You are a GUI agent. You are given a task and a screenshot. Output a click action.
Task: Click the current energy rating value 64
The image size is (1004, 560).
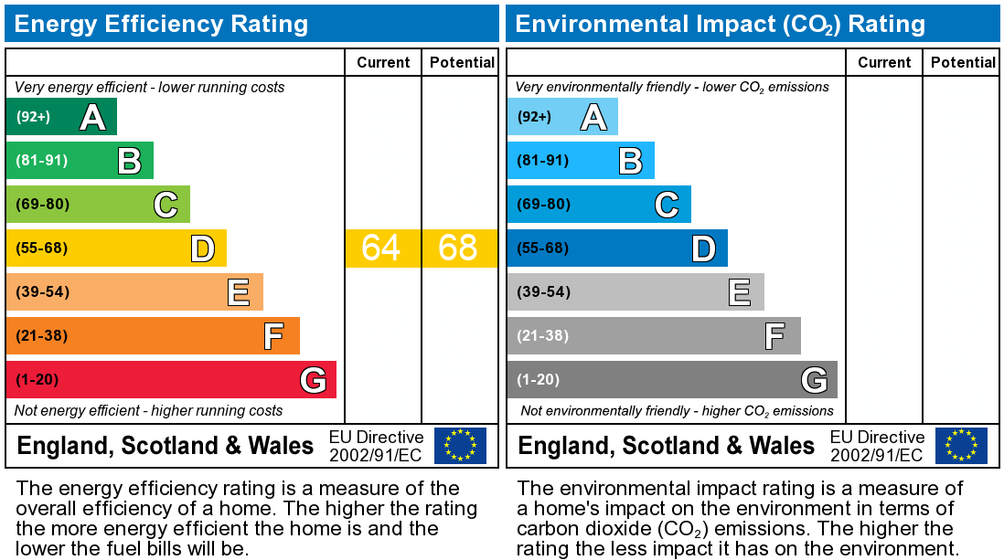tap(381, 248)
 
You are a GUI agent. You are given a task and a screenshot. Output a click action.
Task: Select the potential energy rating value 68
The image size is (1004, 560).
tap(458, 248)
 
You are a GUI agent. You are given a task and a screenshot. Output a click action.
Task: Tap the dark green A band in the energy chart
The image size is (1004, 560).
tap(61, 117)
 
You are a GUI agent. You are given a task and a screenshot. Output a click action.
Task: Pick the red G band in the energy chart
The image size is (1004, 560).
tap(171, 379)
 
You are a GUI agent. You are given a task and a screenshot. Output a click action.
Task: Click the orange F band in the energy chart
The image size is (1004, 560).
tap(153, 335)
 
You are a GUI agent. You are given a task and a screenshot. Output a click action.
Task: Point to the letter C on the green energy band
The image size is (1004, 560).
tap(166, 205)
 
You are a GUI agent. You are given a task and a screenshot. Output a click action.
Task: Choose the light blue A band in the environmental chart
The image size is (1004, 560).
tap(562, 117)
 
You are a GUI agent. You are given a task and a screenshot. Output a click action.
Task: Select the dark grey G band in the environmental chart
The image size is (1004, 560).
tap(672, 379)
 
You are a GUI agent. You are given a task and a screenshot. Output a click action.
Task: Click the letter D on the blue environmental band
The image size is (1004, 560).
tap(702, 248)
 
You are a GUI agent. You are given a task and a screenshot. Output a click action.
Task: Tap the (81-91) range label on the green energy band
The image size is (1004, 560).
tap(42, 161)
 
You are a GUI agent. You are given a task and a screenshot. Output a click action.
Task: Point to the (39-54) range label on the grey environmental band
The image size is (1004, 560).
tap(543, 292)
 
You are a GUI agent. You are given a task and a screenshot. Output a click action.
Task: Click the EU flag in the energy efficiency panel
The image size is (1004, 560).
tap(460, 446)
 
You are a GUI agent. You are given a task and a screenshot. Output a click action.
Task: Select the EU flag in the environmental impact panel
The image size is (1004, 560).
tap(961, 446)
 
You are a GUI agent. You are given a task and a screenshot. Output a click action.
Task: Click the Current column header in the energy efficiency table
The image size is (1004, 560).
tap(383, 62)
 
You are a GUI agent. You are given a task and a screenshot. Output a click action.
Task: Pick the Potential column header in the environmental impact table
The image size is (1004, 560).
tap(963, 62)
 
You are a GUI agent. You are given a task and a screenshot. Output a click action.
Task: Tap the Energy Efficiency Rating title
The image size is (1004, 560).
tap(161, 24)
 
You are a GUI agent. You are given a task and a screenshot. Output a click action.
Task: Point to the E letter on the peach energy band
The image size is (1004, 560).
tap(239, 292)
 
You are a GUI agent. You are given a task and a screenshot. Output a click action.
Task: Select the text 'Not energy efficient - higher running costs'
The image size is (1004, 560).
tap(149, 411)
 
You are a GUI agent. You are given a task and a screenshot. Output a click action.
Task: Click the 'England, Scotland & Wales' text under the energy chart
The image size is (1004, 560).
tap(166, 446)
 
